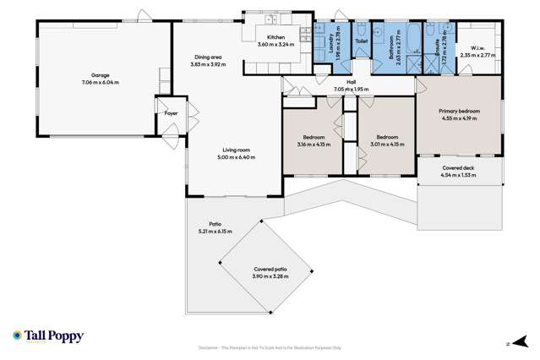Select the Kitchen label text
pos(276,38)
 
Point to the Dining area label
pos(208,57)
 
